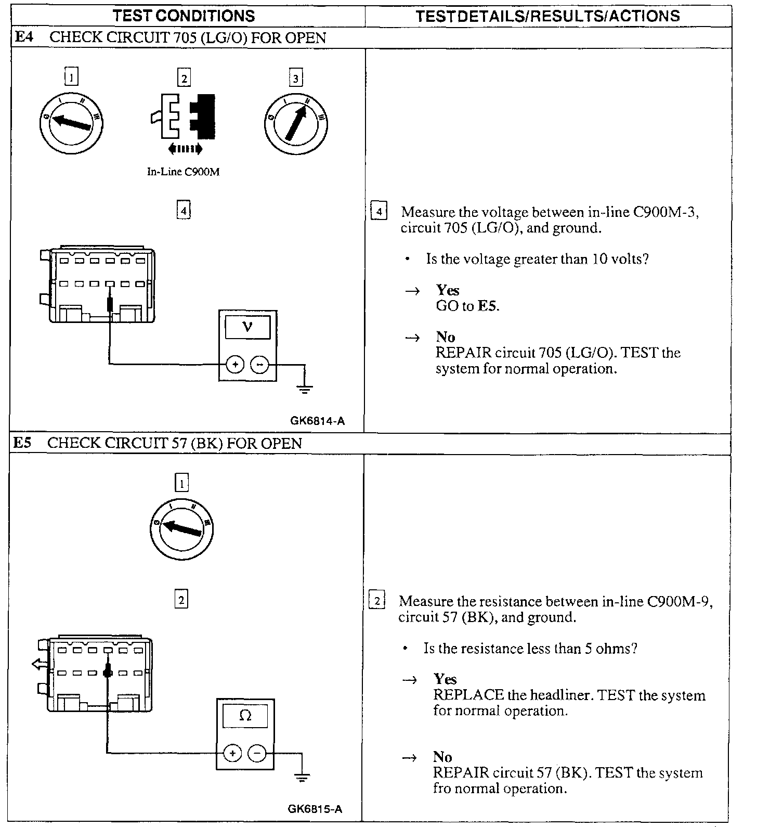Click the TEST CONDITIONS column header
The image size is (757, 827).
pyautogui.click(x=184, y=16)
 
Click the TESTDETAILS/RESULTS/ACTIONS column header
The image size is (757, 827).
pyautogui.click(x=547, y=16)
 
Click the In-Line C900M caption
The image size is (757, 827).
pyautogui.click(x=183, y=172)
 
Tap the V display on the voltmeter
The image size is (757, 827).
pyautogui.click(x=247, y=328)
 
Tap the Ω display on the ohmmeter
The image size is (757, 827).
pyautogui.click(x=245, y=716)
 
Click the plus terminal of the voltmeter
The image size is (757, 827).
pyautogui.click(x=235, y=365)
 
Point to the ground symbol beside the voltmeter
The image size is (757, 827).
pyautogui.click(x=304, y=388)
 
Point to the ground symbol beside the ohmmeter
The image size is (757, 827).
pyautogui.click(x=302, y=777)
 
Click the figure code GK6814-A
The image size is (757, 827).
pyautogui.click(x=317, y=421)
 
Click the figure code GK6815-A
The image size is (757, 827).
pyautogui.click(x=315, y=809)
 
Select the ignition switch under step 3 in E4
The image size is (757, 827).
pyautogui.click(x=296, y=123)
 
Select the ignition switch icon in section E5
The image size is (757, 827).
pyautogui.click(x=181, y=528)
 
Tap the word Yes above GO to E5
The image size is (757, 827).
pyautogui.click(x=448, y=290)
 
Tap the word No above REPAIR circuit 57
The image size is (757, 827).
pyautogui.click(x=442, y=757)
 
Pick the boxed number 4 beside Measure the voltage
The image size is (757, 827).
pyautogui.click(x=379, y=212)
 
